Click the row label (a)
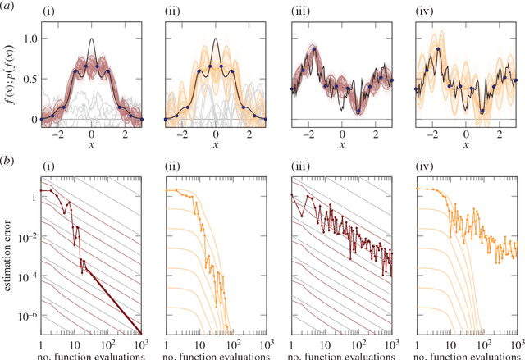(x=9, y=7)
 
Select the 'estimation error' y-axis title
(x=10, y=257)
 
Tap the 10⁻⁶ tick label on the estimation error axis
(x=25, y=316)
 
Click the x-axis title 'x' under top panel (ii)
(x=215, y=141)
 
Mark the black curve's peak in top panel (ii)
(x=215, y=39)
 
